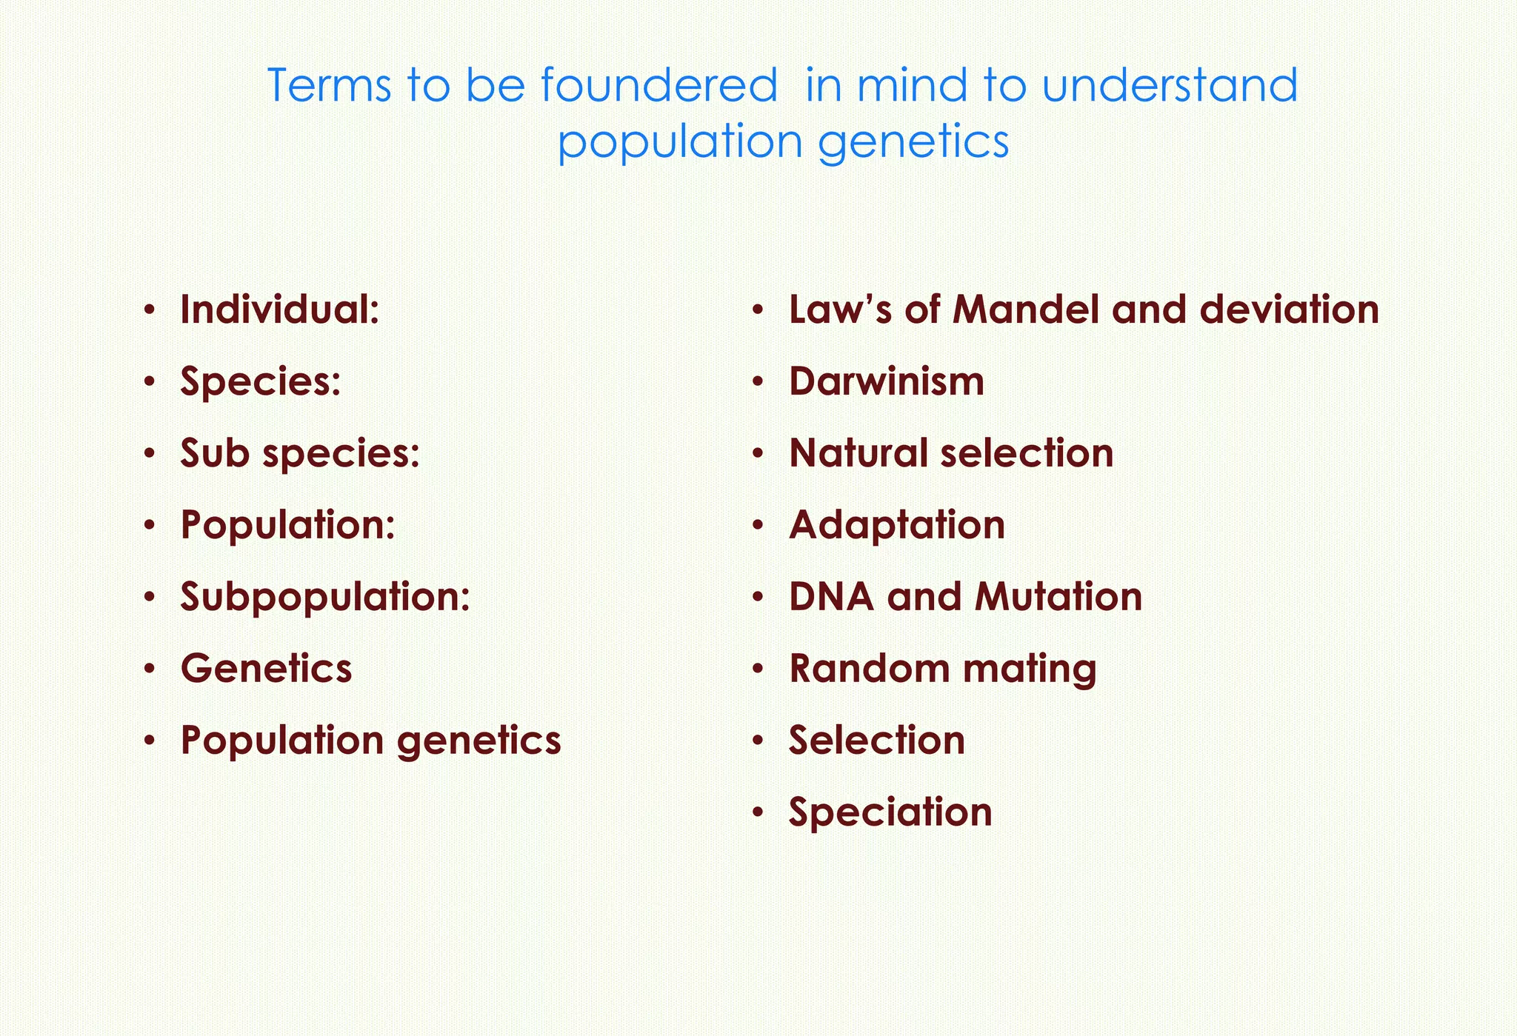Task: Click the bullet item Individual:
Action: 280,310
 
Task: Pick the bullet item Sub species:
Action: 300,453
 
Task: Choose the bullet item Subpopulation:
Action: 325,597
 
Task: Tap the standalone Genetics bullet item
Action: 266,668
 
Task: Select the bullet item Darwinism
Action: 886,381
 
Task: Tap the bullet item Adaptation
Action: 896,525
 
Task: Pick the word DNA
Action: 831,597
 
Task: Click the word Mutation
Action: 1058,597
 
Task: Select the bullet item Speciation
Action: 890,812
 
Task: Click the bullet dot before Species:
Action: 150,382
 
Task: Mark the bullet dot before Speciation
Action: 757,812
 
